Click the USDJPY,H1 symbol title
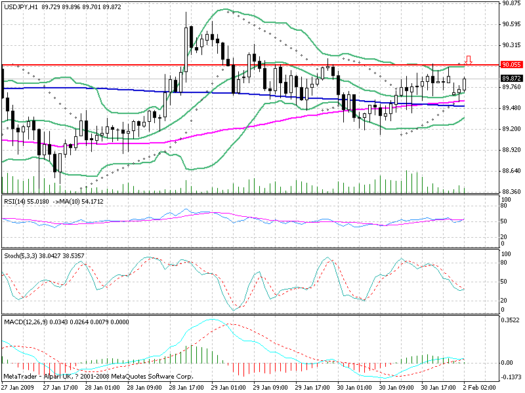(20, 6)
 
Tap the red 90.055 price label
(511, 65)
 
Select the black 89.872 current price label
(511, 78)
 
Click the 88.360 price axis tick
(511, 191)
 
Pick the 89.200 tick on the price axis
(511, 128)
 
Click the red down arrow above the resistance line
(469, 59)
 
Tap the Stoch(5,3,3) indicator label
(20, 253)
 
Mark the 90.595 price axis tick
(511, 24)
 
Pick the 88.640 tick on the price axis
(511, 170)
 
